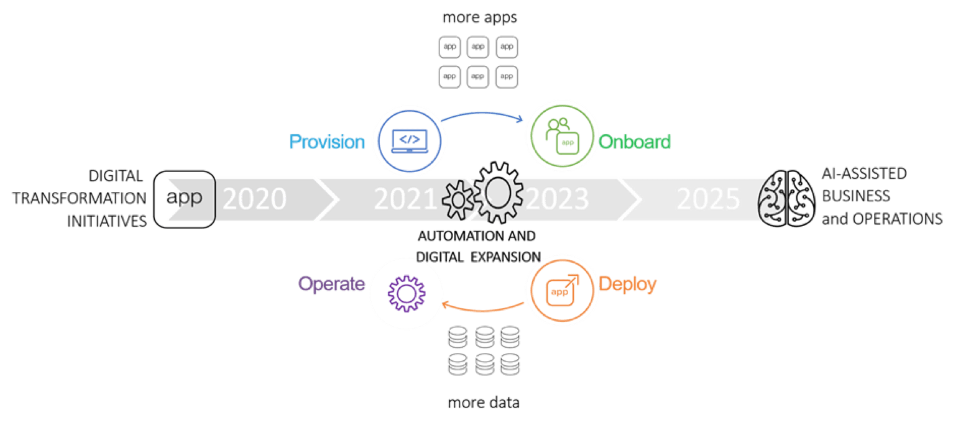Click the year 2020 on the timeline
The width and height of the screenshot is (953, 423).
pos(254,199)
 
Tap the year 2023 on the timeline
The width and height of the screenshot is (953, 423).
pos(557,199)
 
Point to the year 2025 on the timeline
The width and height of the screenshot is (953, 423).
pos(708,199)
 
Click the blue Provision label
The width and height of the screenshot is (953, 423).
pos(328,142)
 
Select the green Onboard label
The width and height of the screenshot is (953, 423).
pos(635,142)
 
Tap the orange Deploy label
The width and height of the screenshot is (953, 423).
pos(628,284)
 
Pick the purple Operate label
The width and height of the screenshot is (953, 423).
pos(331,284)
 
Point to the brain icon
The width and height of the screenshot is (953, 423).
pos(787,199)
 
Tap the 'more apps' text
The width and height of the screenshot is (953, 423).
pos(479,17)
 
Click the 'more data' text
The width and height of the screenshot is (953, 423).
pos(483,403)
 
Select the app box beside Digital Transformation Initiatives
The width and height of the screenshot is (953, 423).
pos(184,199)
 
